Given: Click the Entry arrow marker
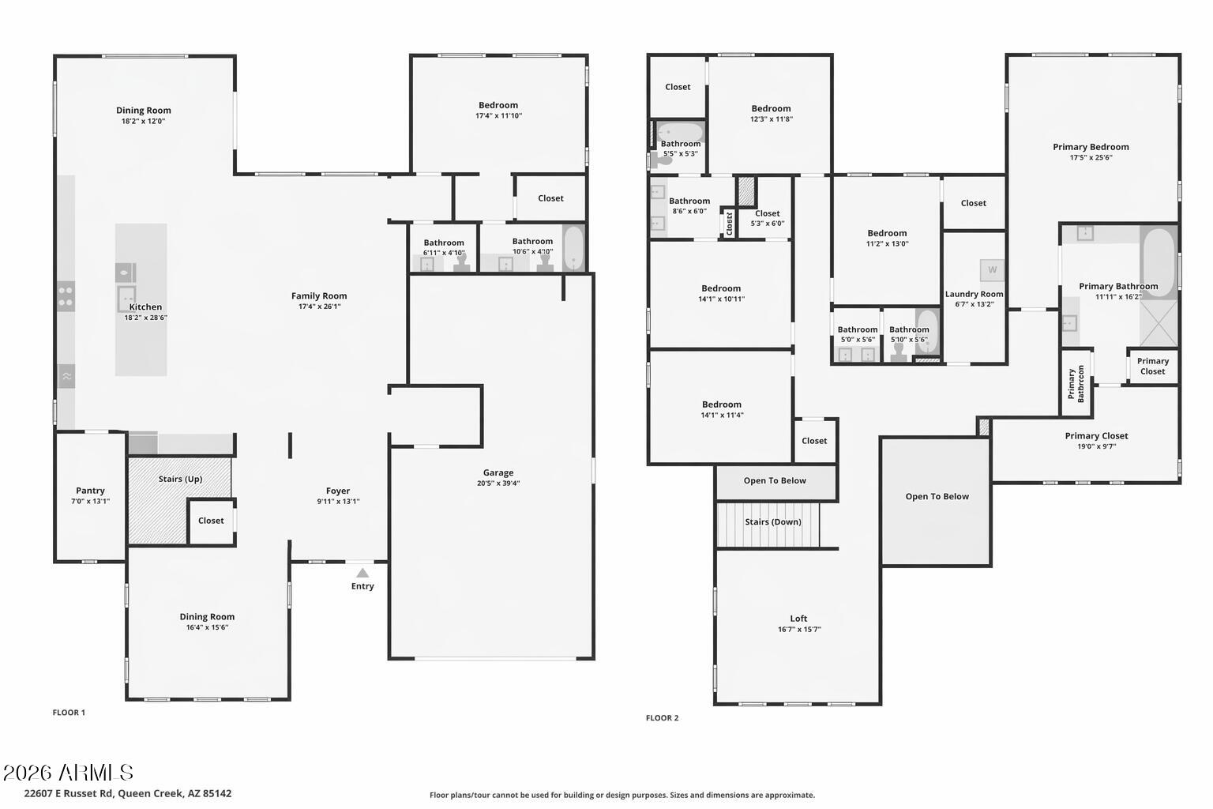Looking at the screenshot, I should click(x=362, y=573).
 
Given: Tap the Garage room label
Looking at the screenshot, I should click(x=498, y=472).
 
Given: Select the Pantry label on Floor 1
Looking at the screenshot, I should click(x=90, y=491).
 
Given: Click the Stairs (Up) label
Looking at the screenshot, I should click(x=180, y=479).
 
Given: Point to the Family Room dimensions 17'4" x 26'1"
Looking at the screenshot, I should click(x=319, y=307).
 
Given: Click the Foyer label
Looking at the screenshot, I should click(x=338, y=491).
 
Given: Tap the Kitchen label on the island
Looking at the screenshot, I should click(x=145, y=307).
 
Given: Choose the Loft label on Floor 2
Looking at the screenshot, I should click(x=798, y=619).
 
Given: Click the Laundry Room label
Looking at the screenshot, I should click(x=974, y=294).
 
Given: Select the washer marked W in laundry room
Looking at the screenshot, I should click(x=992, y=270).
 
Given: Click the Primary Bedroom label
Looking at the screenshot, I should click(x=1091, y=147).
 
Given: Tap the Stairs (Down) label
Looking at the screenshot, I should click(x=772, y=521).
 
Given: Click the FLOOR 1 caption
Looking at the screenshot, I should click(x=69, y=713).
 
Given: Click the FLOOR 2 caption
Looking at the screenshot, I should click(x=662, y=718).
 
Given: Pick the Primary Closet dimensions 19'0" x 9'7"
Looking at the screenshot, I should click(x=1096, y=446).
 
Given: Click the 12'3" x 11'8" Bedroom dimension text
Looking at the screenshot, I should click(x=771, y=119).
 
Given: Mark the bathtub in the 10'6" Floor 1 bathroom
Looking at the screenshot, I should click(x=573, y=248).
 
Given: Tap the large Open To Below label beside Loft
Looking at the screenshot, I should click(x=937, y=496).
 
